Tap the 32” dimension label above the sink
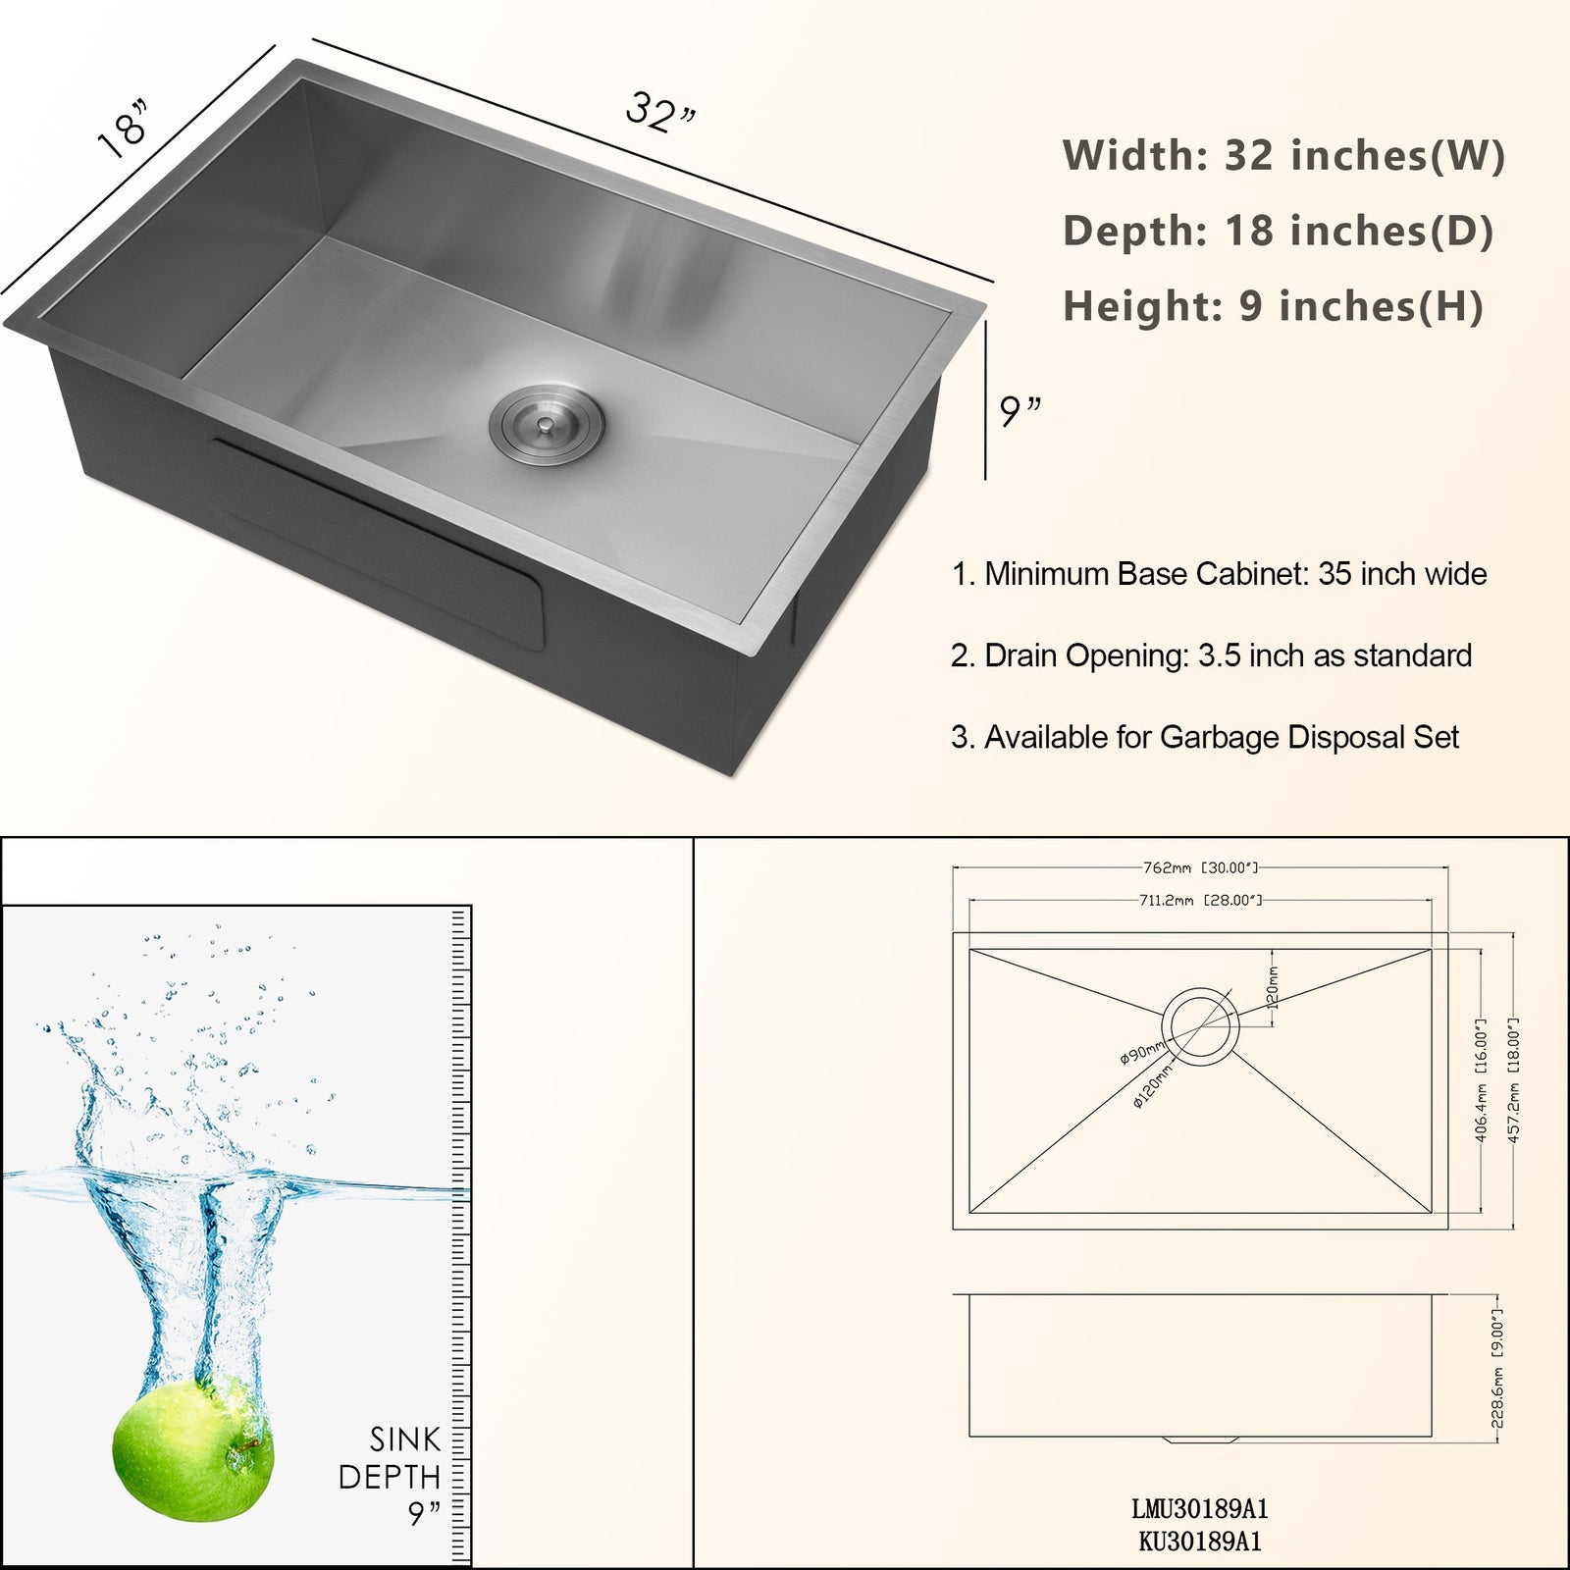(660, 112)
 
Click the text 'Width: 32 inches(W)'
(1282, 155)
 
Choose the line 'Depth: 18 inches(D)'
(1278, 231)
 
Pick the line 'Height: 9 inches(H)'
(1273, 306)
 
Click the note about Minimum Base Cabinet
(1219, 574)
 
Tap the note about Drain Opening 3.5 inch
(1211, 655)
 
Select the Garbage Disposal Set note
(1204, 737)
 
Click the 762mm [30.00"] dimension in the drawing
(1199, 868)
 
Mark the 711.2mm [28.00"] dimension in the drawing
(1199, 900)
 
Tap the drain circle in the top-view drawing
(1200, 1026)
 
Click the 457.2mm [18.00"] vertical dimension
(1513, 1079)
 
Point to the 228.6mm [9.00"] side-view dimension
(1495, 1367)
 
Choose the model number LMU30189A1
(1199, 1508)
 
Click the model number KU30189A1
(1199, 1541)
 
